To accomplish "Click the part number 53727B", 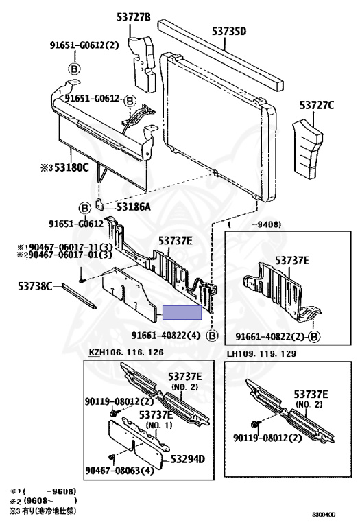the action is [x=134, y=17].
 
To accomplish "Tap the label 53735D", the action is [x=229, y=32].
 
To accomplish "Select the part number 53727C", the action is [x=317, y=106].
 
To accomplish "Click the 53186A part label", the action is [x=133, y=207].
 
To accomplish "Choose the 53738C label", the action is [x=35, y=286].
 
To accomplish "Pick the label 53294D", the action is [x=187, y=459].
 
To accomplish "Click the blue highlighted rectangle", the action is [x=182, y=313].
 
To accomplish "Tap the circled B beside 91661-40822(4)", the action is [x=212, y=336].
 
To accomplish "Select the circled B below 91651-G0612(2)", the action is [x=74, y=69].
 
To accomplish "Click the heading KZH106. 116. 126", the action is [x=126, y=352].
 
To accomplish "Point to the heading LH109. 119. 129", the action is [x=261, y=353].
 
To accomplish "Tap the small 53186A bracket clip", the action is [x=99, y=204].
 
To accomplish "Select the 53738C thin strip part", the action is [x=80, y=296].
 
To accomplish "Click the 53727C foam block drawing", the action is [x=307, y=150].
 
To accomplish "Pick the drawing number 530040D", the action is [x=324, y=515].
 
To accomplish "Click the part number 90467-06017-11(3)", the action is [x=65, y=248].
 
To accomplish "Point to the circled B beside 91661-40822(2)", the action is [x=314, y=337].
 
